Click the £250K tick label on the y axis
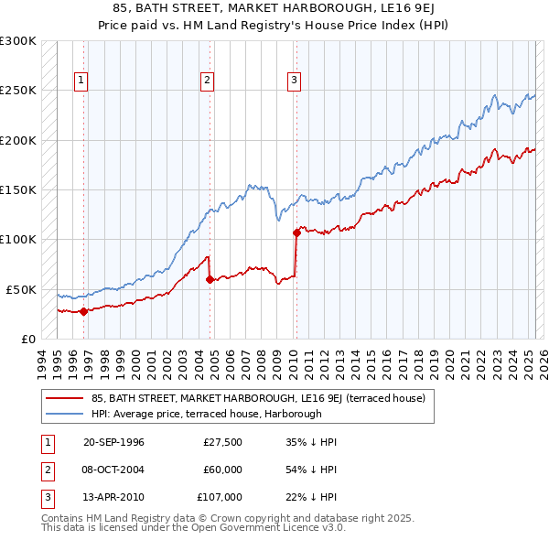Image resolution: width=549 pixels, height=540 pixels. point(17,91)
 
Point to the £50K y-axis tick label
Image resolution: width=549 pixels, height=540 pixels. point(20,289)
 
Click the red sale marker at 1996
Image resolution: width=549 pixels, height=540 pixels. point(83,311)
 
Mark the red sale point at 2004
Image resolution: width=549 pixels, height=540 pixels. point(210,279)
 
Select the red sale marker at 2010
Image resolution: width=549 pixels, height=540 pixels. point(296,232)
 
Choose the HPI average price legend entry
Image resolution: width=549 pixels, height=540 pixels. point(207,414)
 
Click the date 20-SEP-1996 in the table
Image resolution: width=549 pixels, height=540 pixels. point(113,442)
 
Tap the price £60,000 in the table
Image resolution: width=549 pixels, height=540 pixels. point(223,469)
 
